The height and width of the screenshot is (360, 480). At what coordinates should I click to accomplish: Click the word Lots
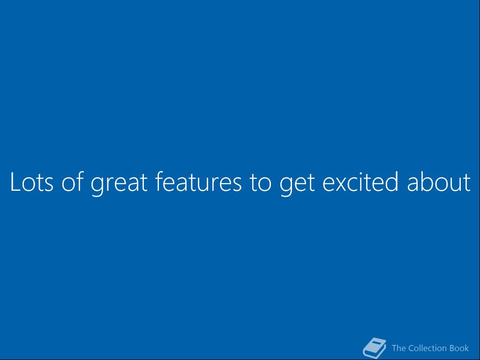click(x=32, y=182)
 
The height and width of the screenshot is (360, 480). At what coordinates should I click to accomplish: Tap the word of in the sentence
click(x=73, y=181)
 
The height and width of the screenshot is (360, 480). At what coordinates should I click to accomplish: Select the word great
click(x=119, y=184)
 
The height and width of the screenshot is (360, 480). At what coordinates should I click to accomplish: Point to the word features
click(x=198, y=181)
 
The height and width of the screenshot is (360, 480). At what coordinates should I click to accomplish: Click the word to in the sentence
click(x=260, y=182)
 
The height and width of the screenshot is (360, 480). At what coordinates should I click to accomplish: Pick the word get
click(x=297, y=184)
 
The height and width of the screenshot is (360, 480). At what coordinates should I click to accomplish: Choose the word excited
click(x=360, y=181)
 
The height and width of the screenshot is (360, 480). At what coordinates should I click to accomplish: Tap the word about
click(x=438, y=181)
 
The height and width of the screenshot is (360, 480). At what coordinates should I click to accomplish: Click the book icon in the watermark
click(x=374, y=348)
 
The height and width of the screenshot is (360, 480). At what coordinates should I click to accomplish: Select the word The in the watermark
click(x=398, y=348)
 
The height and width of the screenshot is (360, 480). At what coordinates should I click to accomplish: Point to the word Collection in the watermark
click(x=427, y=348)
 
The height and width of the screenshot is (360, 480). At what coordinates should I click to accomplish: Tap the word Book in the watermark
click(x=459, y=348)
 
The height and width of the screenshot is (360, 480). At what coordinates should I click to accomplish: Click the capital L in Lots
click(x=15, y=182)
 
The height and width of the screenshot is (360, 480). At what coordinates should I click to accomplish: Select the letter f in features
click(x=159, y=181)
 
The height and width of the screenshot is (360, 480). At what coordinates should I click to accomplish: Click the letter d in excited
click(x=391, y=181)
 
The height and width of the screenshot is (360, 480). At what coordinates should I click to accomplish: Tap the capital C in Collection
click(x=412, y=348)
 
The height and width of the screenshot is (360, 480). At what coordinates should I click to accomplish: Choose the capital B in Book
click(x=452, y=348)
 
